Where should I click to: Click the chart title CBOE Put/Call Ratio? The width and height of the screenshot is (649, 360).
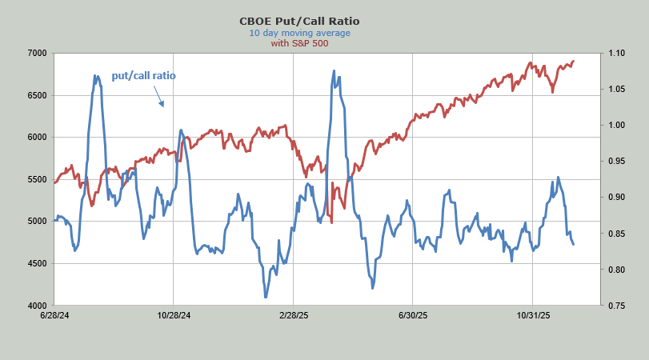coord(300,22)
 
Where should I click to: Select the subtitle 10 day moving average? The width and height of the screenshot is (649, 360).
coord(300,33)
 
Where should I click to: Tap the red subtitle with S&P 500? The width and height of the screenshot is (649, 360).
coord(300,43)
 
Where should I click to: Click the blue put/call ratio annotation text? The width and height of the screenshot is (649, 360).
coord(143,76)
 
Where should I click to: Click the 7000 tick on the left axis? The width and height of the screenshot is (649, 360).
coord(37,54)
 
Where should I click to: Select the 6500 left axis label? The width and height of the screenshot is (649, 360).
coord(37,95)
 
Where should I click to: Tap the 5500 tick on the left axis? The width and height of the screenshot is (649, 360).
coord(37,179)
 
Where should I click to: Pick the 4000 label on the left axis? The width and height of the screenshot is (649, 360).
coord(37,306)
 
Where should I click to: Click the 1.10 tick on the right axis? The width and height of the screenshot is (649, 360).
coord(616,54)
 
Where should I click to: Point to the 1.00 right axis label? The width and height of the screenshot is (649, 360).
coord(616,126)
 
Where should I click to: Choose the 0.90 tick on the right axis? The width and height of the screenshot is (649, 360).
coord(616,198)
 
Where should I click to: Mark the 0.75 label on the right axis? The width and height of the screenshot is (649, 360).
coord(616,306)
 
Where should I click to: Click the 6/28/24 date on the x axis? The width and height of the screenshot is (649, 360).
coord(54,315)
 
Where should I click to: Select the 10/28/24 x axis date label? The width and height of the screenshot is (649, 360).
coord(173,315)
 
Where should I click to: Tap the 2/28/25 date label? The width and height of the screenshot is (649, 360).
coord(293,315)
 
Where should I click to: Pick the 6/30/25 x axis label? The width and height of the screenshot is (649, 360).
coord(412,315)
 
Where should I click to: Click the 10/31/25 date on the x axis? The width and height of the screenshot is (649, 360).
coord(532,315)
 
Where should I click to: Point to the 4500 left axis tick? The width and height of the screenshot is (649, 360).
coord(37,263)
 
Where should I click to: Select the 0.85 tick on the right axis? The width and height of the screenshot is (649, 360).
coord(616,234)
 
